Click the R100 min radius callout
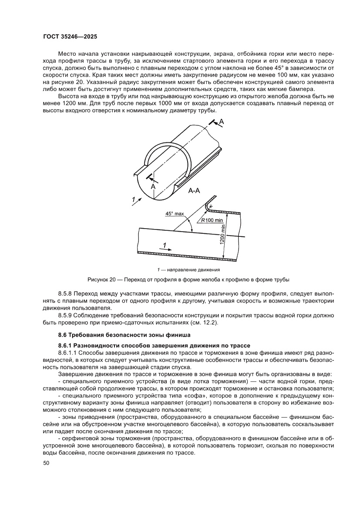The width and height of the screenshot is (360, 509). click(x=212, y=220)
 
